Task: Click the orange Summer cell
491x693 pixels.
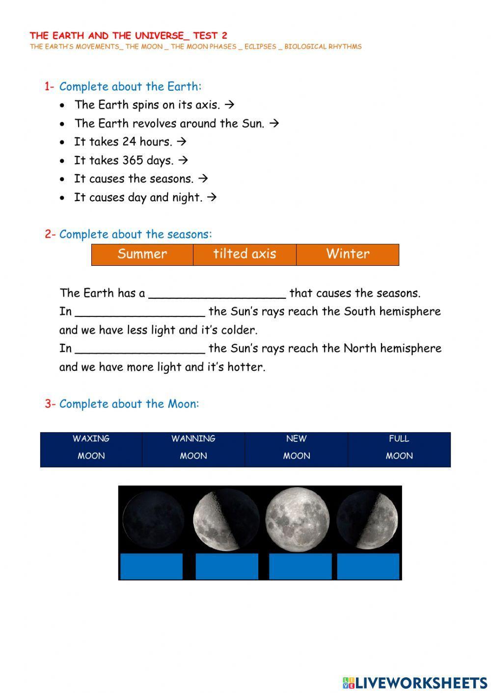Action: [x=142, y=255]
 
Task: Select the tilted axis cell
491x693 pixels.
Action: [x=245, y=255]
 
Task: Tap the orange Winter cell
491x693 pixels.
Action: [x=348, y=255]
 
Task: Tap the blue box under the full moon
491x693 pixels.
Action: [x=300, y=566]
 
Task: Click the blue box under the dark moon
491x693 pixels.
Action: [x=151, y=566]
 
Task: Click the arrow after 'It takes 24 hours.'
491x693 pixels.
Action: [x=181, y=142]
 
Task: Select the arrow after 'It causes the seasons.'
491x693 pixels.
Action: [x=202, y=179]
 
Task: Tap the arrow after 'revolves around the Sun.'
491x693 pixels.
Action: [x=274, y=123]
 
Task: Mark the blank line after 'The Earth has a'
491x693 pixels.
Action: [x=217, y=294]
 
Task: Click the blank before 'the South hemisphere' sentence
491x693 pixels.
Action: [x=140, y=312]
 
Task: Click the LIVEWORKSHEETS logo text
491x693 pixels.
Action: [x=421, y=682]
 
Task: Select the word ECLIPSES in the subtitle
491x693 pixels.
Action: [x=260, y=47]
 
